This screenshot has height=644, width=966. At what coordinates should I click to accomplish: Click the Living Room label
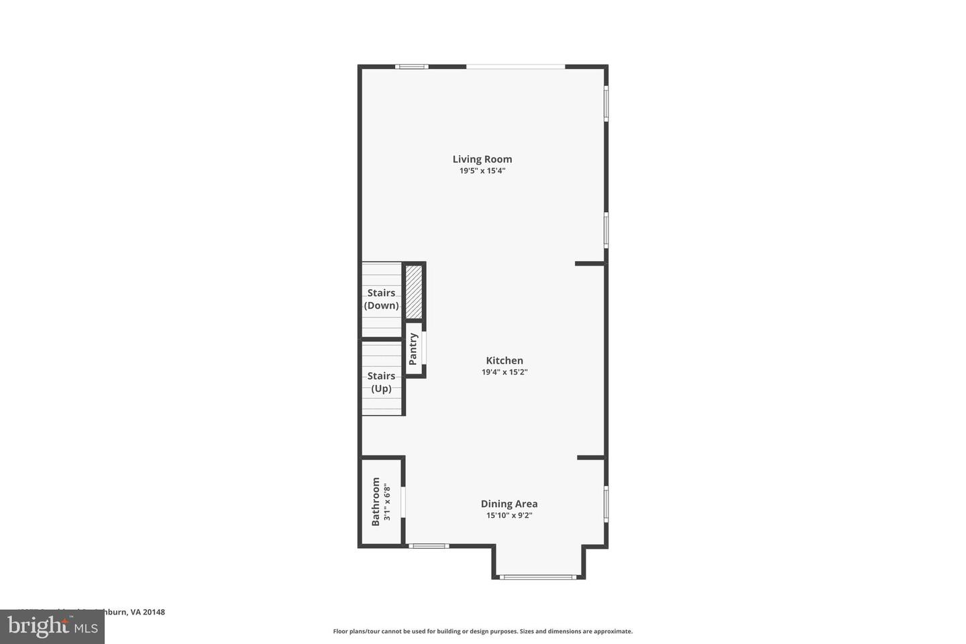click(x=482, y=159)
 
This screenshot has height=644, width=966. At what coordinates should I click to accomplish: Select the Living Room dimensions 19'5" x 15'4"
click(x=482, y=171)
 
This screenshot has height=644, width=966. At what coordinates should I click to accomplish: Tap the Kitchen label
click(x=504, y=360)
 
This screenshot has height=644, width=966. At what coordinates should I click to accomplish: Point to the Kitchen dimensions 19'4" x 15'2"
click(x=504, y=372)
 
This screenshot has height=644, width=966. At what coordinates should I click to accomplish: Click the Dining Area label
click(x=509, y=504)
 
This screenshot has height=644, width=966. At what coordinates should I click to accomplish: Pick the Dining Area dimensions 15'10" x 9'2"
click(x=509, y=516)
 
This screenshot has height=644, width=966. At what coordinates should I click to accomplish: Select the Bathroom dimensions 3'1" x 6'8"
click(x=387, y=501)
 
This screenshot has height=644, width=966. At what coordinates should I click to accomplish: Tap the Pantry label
click(x=413, y=349)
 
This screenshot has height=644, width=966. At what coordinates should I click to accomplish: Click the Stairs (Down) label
click(x=381, y=299)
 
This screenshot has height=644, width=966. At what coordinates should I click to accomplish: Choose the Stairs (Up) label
click(x=381, y=382)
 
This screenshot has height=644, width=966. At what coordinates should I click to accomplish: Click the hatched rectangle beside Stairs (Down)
click(x=414, y=292)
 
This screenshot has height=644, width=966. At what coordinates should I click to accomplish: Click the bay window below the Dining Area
click(x=538, y=576)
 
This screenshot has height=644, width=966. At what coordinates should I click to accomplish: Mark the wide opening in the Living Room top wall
click(x=515, y=66)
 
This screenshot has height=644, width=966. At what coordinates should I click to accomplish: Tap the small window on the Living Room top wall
click(x=411, y=66)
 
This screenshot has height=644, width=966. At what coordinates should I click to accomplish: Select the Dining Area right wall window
click(x=606, y=503)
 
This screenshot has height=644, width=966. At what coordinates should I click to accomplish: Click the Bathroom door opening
click(x=403, y=502)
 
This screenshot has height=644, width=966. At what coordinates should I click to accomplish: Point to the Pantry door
click(x=424, y=349)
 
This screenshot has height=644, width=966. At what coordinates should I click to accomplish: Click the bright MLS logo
click(x=52, y=627)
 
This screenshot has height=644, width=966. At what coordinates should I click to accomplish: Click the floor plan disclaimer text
click(x=482, y=631)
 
